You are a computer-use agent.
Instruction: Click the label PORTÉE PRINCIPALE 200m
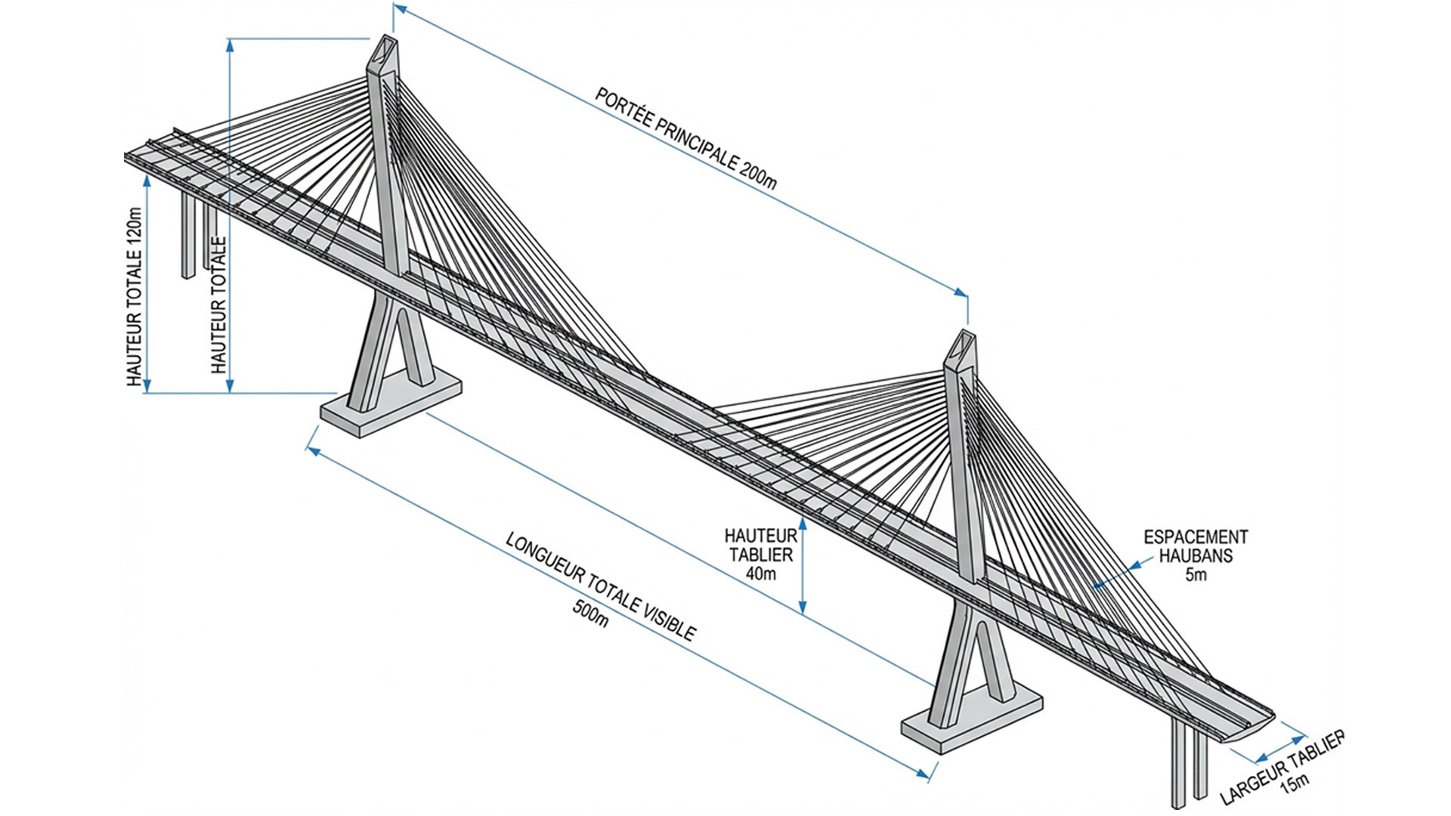tap(685, 139)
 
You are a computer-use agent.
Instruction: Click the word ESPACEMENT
tap(1196, 537)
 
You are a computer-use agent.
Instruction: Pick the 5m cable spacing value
tap(1196, 575)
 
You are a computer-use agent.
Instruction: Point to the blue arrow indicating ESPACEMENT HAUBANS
tap(1115, 573)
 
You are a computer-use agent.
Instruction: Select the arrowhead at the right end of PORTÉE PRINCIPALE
tap(962, 292)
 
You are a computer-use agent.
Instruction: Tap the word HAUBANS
tap(1196, 556)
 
